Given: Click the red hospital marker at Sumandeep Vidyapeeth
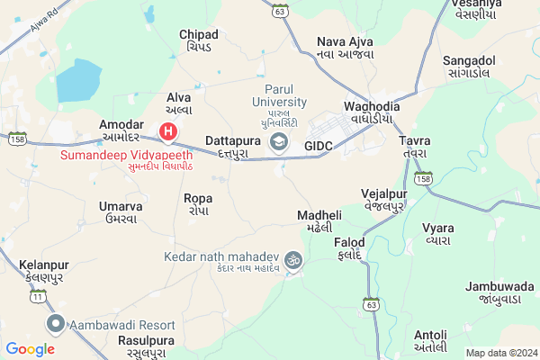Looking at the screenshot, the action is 167,132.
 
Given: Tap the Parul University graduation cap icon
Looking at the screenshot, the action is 279,141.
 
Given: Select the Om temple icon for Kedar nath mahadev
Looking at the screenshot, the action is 291,261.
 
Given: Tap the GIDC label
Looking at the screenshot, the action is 319,146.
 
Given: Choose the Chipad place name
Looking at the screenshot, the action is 199,34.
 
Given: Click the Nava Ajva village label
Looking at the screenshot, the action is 346,41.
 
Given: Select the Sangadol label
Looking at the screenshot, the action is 470,59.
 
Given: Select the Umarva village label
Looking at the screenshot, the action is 121,206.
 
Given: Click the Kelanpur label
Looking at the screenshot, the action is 43,266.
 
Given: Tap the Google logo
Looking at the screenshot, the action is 30,349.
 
